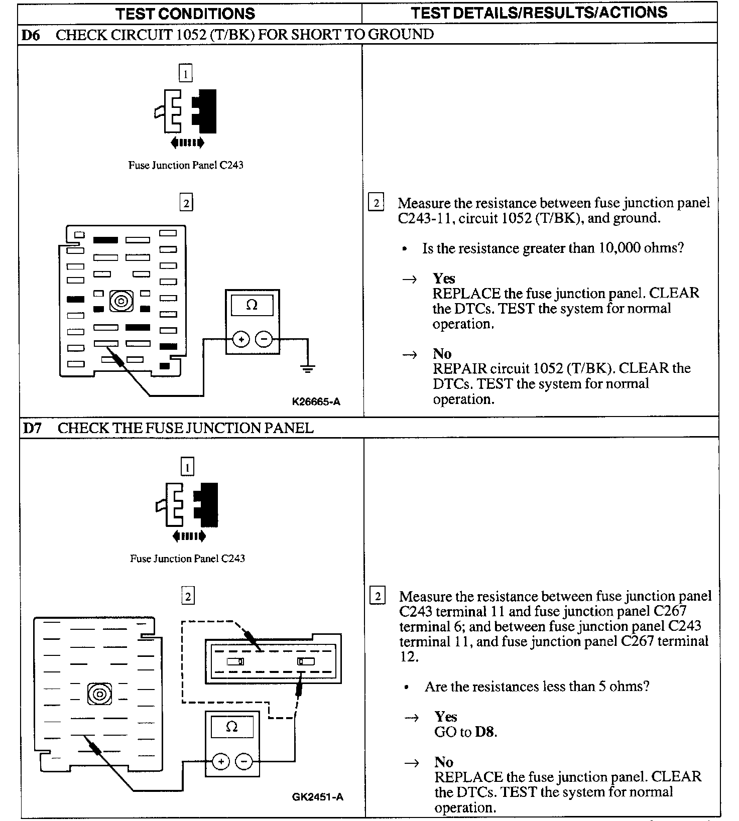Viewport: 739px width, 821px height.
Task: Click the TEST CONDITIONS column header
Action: (x=185, y=14)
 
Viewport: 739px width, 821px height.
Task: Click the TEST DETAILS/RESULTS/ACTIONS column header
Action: (x=539, y=13)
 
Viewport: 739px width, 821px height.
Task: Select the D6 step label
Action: (x=31, y=35)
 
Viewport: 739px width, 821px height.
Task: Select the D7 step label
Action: (x=32, y=428)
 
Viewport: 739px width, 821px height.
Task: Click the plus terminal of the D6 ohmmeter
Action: (x=241, y=340)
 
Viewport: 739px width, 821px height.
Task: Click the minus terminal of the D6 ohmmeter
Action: (x=264, y=340)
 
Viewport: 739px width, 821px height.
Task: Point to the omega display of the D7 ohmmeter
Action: (x=231, y=727)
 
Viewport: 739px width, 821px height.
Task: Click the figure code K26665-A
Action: (x=316, y=401)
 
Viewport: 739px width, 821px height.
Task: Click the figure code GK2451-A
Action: (x=318, y=797)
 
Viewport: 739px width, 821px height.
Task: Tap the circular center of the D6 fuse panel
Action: (x=121, y=301)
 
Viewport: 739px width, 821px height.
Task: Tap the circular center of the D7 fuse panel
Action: (x=99, y=694)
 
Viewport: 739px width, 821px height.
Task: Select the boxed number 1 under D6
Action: (x=186, y=74)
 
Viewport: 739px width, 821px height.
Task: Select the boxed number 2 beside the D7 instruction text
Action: (x=378, y=596)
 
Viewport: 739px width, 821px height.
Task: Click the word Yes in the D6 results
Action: (x=444, y=279)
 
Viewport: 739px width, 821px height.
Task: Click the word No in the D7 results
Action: (x=444, y=762)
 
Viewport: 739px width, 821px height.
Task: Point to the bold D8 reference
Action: (x=485, y=732)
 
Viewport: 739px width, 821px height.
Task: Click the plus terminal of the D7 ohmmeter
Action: (x=220, y=762)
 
